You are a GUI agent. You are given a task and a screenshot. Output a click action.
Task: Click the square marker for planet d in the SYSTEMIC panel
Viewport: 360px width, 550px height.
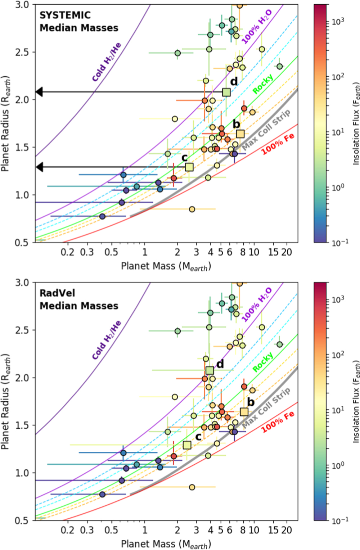226,92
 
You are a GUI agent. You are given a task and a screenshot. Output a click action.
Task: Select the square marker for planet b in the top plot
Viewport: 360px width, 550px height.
240,134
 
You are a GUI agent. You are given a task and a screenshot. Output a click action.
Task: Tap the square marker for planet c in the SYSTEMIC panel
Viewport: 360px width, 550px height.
189,167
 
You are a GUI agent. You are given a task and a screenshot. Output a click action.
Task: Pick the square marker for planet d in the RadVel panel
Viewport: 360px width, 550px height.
210,370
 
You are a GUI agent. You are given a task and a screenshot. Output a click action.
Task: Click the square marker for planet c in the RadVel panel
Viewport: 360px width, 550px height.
187,445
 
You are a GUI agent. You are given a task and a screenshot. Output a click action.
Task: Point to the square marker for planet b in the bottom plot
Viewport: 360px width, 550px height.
244,412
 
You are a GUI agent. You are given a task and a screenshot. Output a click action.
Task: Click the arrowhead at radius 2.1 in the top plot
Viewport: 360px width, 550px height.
39,92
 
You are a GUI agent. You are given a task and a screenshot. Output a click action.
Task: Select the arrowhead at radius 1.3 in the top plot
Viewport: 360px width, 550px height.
39,167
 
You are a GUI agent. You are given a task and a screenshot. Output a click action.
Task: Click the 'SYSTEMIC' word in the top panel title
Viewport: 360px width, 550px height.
65,15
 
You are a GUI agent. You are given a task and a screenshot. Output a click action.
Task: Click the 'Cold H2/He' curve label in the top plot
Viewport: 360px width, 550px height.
107,62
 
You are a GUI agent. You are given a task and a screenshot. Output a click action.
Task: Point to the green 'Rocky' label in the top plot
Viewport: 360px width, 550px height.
263,84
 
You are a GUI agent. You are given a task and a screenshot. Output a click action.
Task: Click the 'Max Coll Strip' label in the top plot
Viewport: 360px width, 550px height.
266,130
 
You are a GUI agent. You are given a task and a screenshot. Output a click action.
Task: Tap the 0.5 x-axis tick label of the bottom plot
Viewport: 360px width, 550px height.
111,530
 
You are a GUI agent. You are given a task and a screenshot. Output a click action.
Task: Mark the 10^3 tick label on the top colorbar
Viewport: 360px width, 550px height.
338,22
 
